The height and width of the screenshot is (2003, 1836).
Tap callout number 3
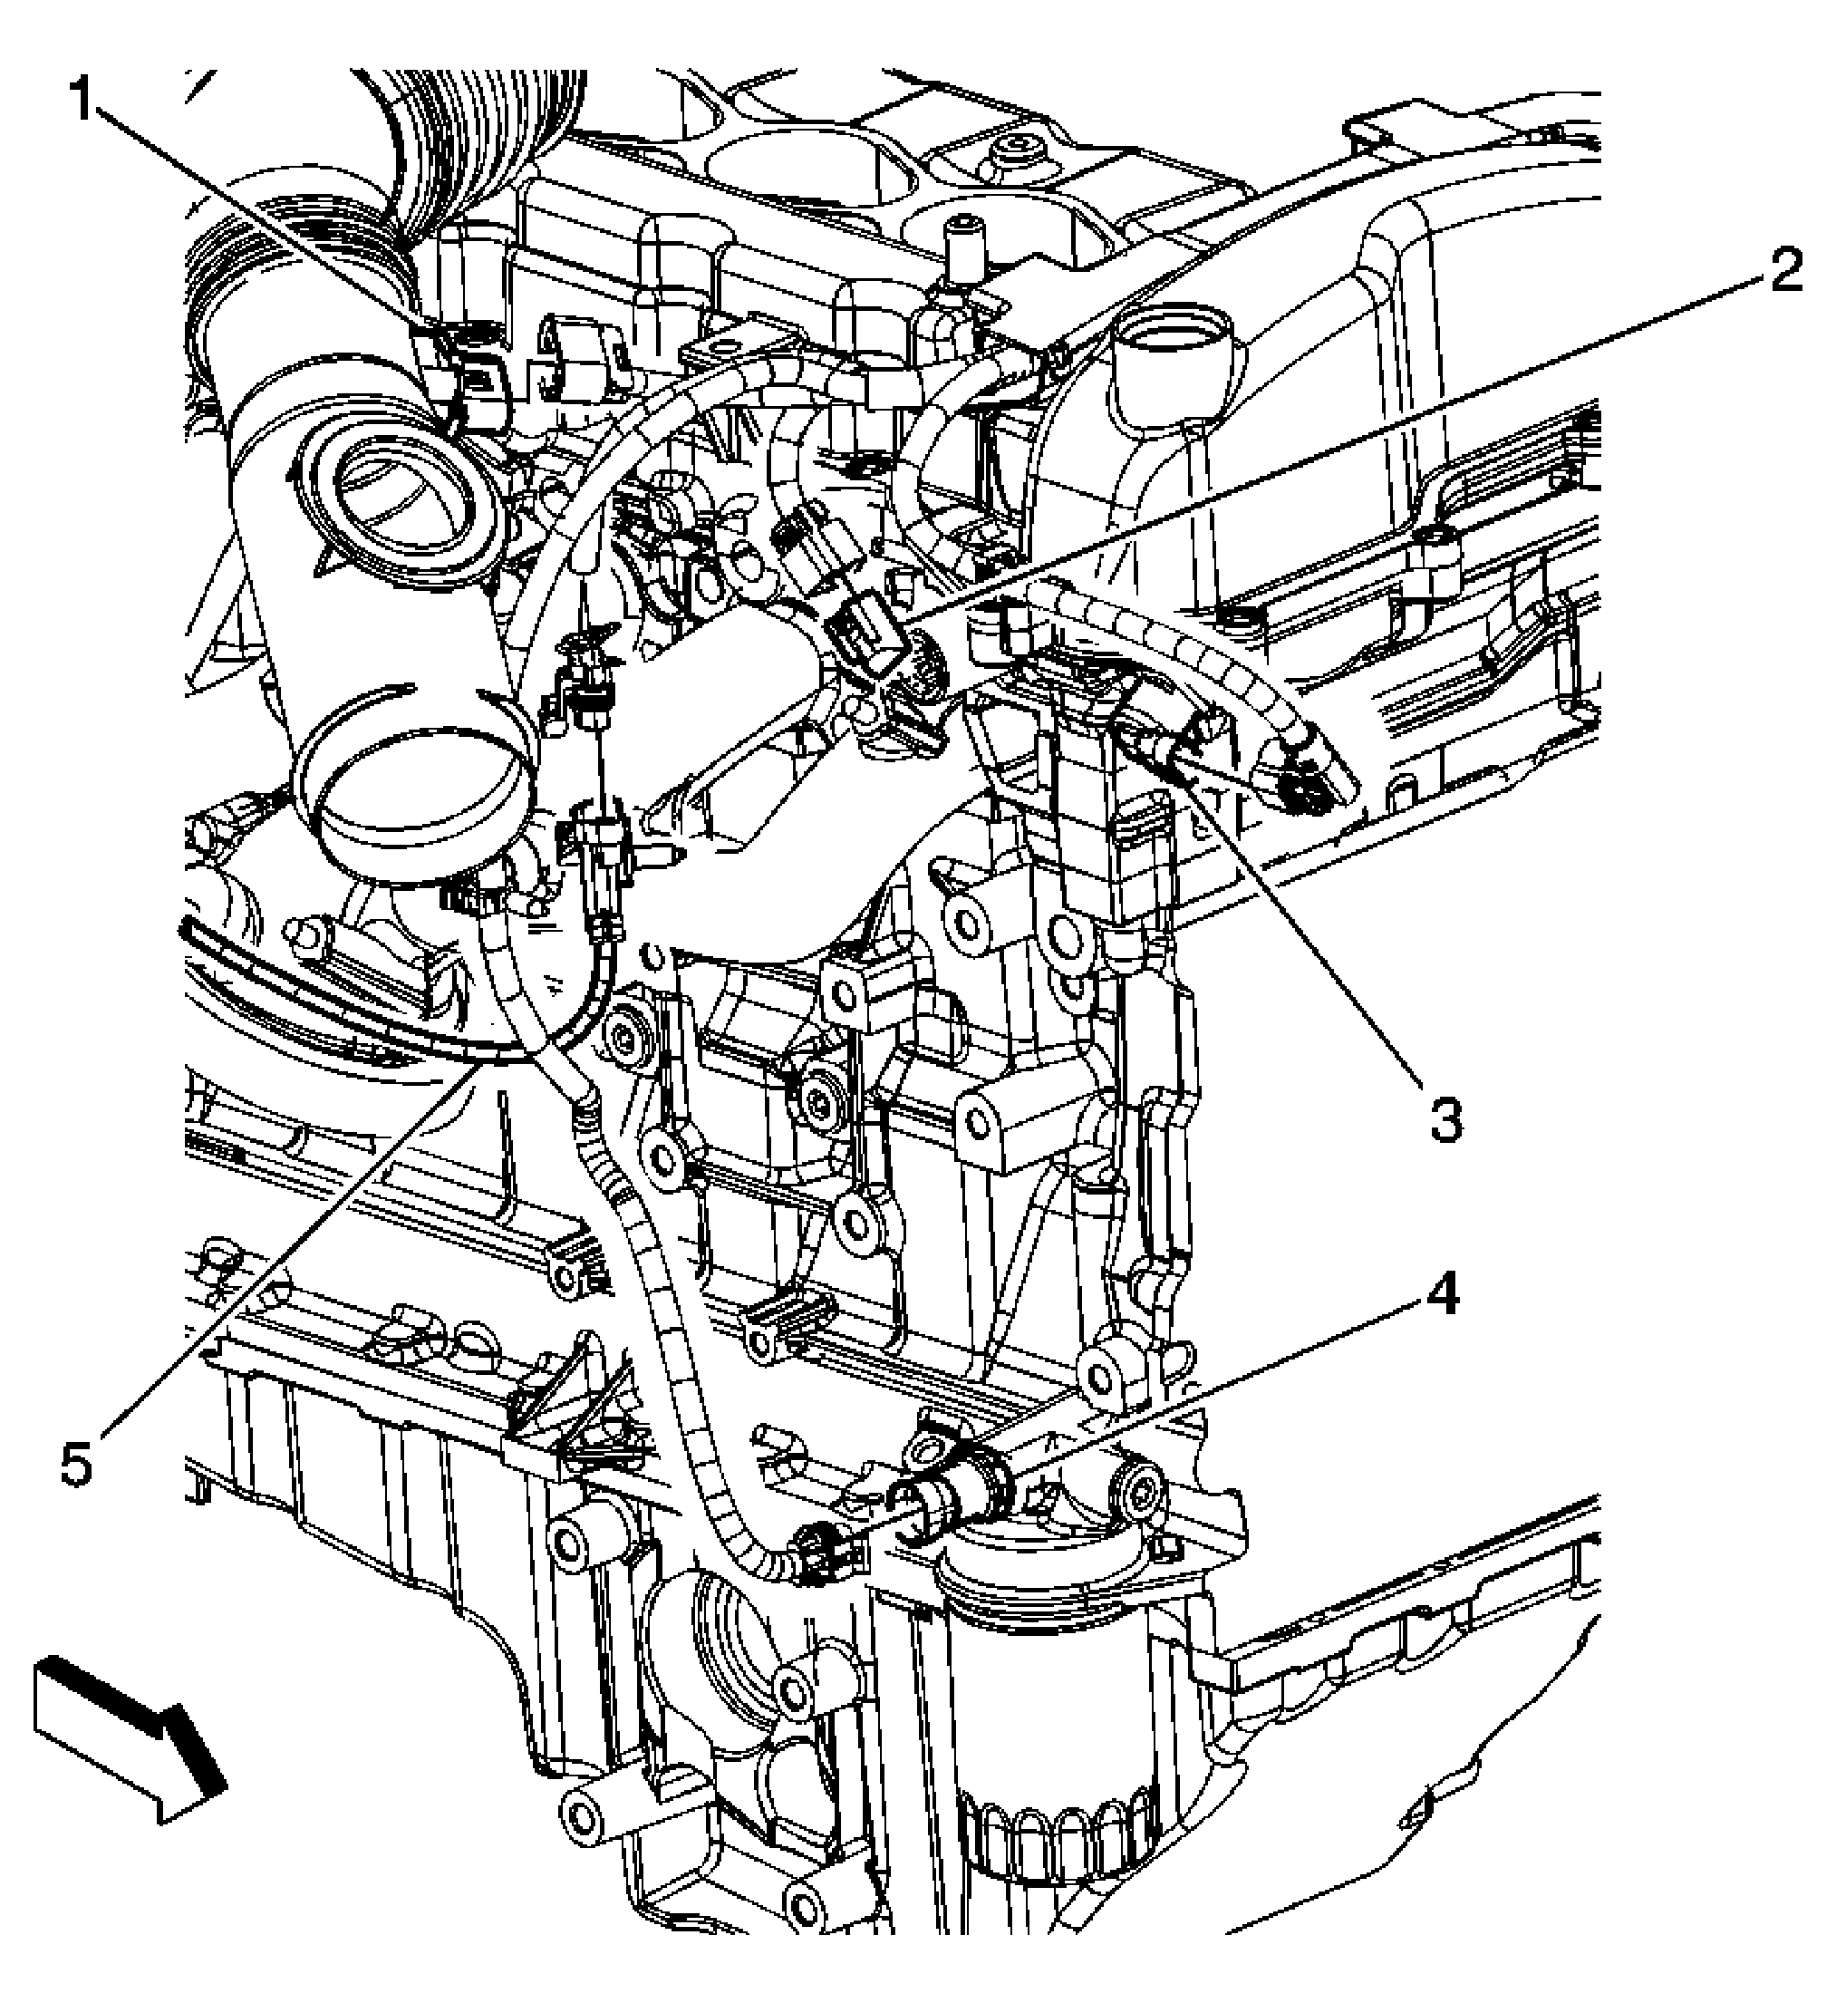pos(1445,1121)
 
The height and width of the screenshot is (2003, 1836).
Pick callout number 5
pos(78,1463)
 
